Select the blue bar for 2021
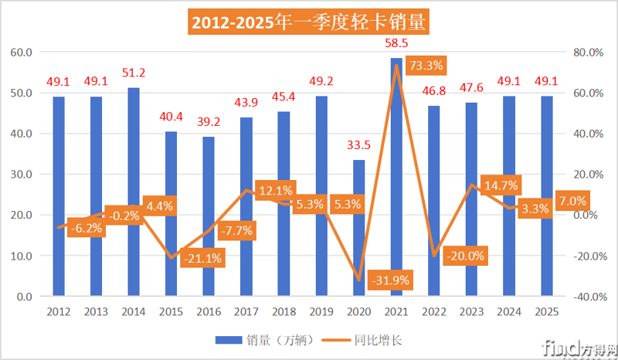pyautogui.click(x=396, y=177)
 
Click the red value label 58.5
pyautogui.click(x=396, y=46)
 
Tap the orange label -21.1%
pyautogui.click(x=202, y=259)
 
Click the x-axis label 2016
pyautogui.click(x=209, y=311)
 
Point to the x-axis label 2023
pyautogui.click(x=472, y=311)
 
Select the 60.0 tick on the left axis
pyautogui.click(x=21, y=52)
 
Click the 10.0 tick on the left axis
pyautogui.click(x=21, y=256)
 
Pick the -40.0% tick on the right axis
pyautogui.click(x=584, y=297)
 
